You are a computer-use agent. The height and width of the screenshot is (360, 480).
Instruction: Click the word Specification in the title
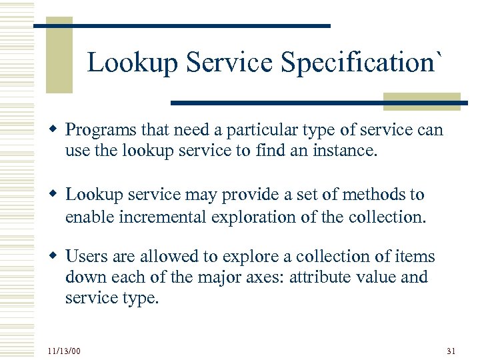pos(357,63)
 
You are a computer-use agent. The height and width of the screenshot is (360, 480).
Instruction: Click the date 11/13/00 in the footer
pos(64,350)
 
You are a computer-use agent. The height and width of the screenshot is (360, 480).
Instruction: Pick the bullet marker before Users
pos(54,257)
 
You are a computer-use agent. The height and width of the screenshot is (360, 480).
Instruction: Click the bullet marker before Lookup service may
pos(54,195)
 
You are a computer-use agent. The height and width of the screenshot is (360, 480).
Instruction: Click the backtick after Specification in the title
pos(437,53)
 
